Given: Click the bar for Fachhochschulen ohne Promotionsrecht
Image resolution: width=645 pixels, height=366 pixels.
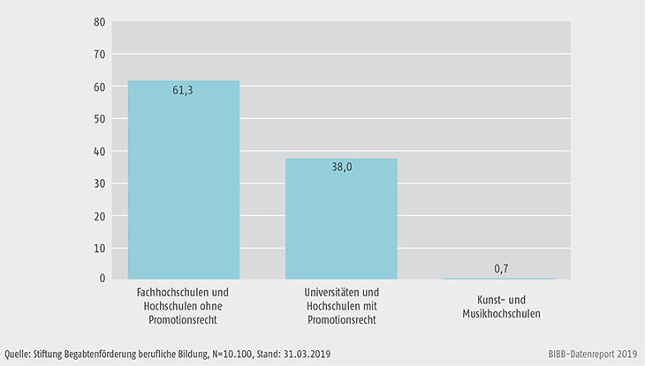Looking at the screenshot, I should click(x=184, y=181).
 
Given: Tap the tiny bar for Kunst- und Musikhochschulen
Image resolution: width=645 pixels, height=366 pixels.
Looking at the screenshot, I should click(x=499, y=279).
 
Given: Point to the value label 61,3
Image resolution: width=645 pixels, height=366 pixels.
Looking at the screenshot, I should click(x=184, y=90).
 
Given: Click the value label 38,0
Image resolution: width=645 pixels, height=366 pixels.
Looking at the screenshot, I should click(x=341, y=168).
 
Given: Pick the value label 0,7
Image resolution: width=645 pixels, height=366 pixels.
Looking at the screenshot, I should click(x=499, y=268).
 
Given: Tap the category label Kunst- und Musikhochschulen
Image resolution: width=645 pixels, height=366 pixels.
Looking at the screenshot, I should click(x=499, y=306).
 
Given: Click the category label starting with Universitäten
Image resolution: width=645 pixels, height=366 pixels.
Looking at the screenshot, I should click(x=341, y=306).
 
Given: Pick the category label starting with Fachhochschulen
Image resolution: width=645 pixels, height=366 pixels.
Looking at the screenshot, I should click(x=184, y=306).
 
